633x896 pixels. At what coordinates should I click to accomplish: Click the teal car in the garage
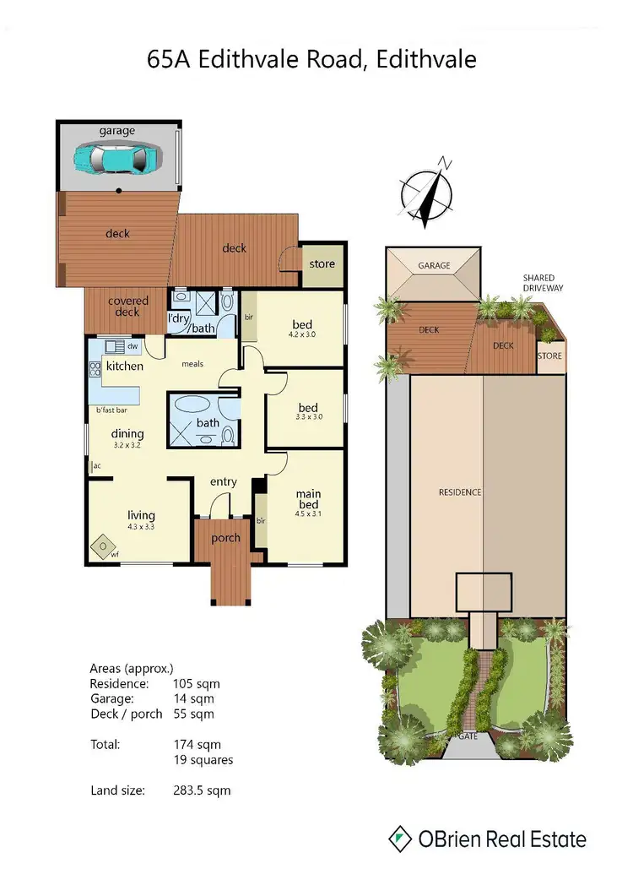coord(118,158)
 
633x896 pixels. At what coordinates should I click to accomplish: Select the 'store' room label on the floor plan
coord(322,263)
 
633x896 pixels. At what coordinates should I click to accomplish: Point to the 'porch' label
coord(225,538)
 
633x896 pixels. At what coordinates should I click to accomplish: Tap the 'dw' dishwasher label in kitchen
coord(133,346)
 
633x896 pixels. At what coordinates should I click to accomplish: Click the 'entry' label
coord(223,481)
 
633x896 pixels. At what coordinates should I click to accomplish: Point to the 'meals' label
coord(195,366)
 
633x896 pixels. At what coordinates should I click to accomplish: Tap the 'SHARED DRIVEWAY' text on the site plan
coord(543,282)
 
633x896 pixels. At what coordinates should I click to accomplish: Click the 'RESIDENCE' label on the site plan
coord(459,492)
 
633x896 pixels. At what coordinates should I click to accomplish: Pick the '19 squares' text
coord(203,760)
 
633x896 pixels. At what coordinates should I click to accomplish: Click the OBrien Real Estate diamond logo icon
coord(400,839)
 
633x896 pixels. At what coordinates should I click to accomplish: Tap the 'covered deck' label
coord(128,307)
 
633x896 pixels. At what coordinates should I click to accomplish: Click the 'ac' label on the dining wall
coord(97,465)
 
